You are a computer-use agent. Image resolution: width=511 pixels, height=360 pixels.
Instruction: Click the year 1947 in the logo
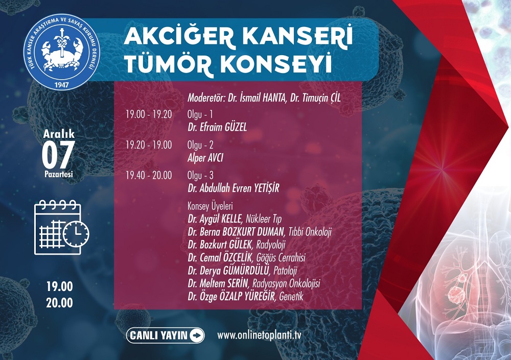pyautogui.click(x=62, y=85)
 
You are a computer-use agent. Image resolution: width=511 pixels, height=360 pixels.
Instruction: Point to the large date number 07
pyautogui.click(x=58, y=155)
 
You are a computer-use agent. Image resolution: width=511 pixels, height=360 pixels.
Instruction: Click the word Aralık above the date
pyautogui.click(x=59, y=134)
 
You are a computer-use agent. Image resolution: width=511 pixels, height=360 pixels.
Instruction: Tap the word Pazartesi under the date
pyautogui.click(x=59, y=174)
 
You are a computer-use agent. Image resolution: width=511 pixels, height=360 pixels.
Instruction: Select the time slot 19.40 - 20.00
pyautogui.click(x=149, y=175)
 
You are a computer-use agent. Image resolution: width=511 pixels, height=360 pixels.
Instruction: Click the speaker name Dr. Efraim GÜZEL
pyautogui.click(x=217, y=127)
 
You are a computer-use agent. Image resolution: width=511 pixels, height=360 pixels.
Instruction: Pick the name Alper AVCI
pyautogui.click(x=205, y=158)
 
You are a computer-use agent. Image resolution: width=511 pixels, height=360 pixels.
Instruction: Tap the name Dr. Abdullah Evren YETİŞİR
pyautogui.click(x=234, y=188)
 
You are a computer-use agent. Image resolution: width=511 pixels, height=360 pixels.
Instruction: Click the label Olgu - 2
pyautogui.click(x=200, y=145)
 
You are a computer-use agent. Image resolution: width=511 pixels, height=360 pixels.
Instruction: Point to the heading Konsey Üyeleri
pyautogui.click(x=210, y=206)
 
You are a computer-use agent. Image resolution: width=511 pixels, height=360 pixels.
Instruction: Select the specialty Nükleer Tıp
pyautogui.click(x=263, y=219)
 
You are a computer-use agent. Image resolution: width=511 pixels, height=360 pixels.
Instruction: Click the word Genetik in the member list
pyautogui.click(x=291, y=296)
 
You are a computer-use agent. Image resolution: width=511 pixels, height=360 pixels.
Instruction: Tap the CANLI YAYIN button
pyautogui.click(x=165, y=335)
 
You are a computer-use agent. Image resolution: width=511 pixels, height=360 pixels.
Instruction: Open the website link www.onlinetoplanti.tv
pyautogui.click(x=259, y=335)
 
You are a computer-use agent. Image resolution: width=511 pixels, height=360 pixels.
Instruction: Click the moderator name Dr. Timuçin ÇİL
pyautogui.click(x=315, y=98)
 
